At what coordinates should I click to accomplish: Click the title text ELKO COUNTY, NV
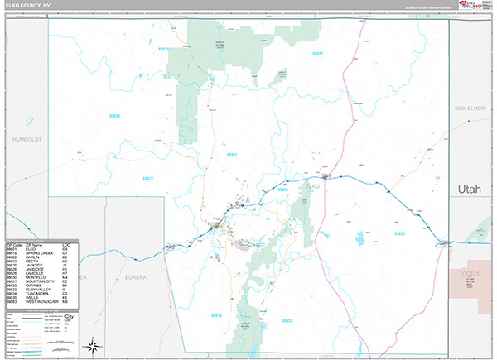tap(30, 5)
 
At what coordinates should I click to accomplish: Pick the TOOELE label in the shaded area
tap(469, 274)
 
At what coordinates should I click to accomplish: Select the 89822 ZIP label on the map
tap(148, 178)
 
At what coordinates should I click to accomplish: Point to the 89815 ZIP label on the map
tap(216, 314)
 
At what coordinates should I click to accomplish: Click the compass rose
tap(94, 346)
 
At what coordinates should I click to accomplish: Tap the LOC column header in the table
tap(65, 245)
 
